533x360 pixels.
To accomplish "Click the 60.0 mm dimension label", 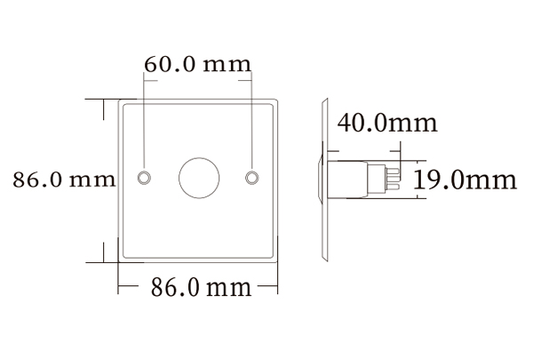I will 197,65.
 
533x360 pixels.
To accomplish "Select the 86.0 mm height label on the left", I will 64,180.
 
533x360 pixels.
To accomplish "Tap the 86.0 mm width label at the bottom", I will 200,288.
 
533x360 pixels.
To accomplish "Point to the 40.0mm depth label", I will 388,123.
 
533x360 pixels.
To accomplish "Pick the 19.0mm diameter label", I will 465,181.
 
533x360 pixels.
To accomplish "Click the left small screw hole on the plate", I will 144,177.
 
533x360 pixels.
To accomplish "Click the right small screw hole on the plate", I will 254,177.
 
